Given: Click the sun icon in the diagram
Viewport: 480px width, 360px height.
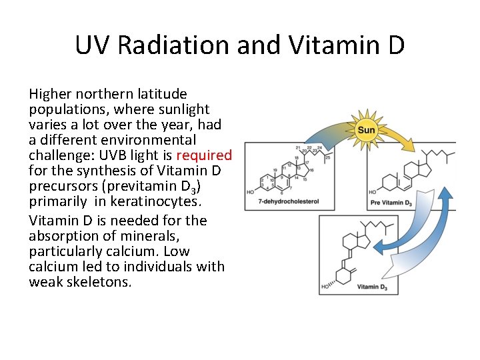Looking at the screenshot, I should pyautogui.click(x=366, y=129).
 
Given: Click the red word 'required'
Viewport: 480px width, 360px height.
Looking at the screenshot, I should pyautogui.click(x=203, y=156).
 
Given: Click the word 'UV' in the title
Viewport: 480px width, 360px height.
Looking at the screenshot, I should pyautogui.click(x=91, y=46).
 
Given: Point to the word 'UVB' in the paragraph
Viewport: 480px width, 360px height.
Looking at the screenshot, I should pyautogui.click(x=115, y=156).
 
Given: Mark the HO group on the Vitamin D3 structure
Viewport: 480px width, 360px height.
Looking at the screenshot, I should pyautogui.click(x=327, y=287).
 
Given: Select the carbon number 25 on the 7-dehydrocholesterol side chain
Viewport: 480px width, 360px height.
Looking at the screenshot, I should pyautogui.click(x=328, y=157).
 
